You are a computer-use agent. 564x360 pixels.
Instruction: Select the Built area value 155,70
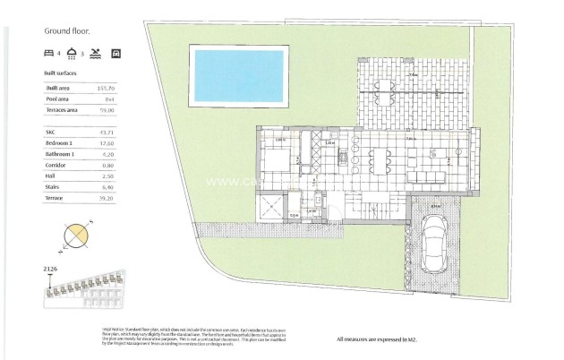[107, 88]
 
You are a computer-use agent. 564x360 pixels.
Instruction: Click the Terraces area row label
[62, 109]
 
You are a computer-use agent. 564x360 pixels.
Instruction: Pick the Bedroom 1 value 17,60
[107, 141]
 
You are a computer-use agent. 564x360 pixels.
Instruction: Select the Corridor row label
[56, 163]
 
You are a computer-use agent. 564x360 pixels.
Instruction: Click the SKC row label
[50, 131]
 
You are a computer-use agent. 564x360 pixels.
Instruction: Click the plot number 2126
[51, 269]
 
